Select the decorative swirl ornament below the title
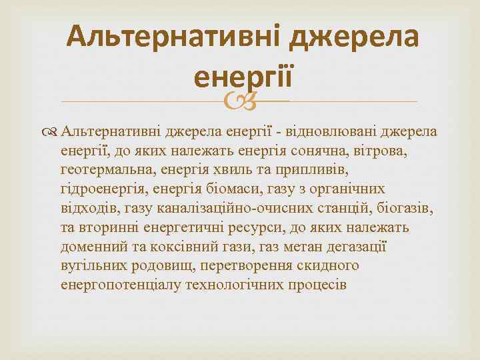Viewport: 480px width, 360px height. click(239, 101)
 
